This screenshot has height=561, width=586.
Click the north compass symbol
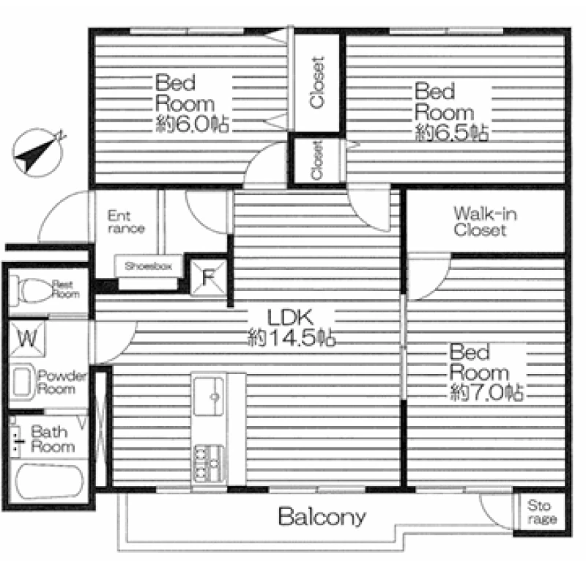37,153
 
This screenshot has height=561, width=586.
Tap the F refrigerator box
208,277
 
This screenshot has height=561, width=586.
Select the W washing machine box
27,339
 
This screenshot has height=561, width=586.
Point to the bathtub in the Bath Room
49,481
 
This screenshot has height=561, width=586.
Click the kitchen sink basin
209,397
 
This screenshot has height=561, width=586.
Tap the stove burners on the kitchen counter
209,463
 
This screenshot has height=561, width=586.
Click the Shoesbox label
149,266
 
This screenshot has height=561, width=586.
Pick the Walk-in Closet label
485,221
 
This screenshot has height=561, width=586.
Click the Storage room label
541,512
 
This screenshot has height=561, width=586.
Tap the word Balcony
322,517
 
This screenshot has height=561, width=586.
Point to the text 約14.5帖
292,338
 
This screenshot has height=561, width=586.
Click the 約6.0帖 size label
192,124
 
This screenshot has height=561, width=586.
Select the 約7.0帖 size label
487,392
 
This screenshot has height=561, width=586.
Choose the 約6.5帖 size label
451,133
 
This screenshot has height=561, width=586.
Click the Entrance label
126,222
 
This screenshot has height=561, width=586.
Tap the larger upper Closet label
317,83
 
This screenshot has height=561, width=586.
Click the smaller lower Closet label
316,160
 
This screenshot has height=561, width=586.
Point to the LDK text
290,318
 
